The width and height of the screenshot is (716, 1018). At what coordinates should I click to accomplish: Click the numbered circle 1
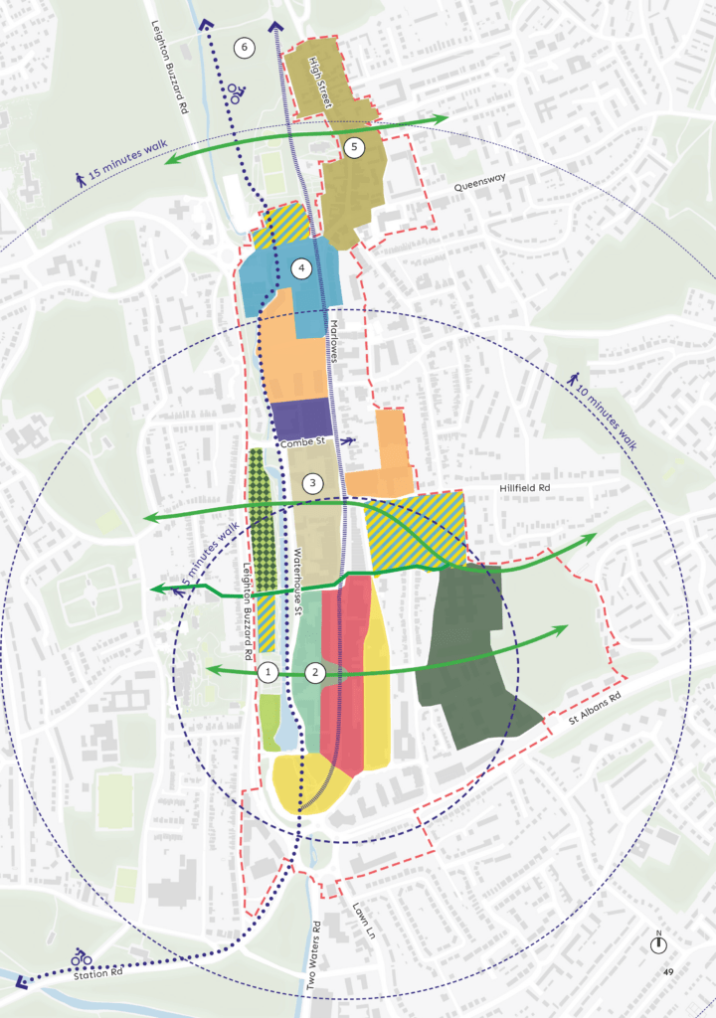(x=266, y=673)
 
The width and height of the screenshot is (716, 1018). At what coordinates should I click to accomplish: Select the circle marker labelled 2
(x=315, y=673)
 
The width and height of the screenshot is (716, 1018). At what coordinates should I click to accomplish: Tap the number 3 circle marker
(x=312, y=484)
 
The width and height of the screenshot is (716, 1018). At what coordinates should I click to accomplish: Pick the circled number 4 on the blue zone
(x=301, y=268)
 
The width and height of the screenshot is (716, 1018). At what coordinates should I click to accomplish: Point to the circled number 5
(x=354, y=147)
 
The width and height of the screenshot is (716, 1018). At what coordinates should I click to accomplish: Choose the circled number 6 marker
(x=245, y=47)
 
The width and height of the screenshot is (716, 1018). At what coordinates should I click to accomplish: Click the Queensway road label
(x=480, y=186)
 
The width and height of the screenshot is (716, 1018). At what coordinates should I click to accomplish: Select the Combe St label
(x=303, y=441)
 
